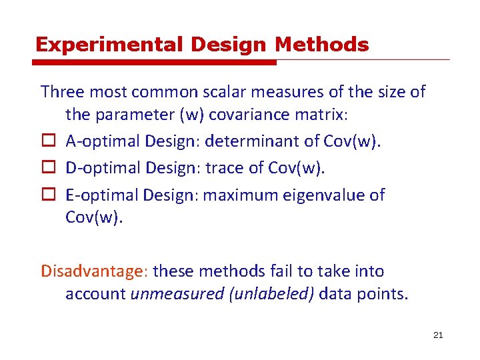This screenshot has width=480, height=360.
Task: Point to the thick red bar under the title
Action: pos(155,63)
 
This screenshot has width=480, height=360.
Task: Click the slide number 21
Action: pos(437,335)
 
